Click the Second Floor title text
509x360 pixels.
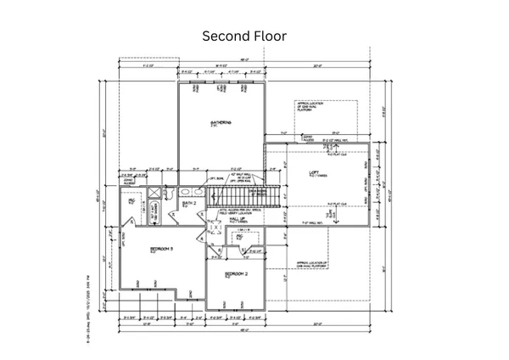(244, 37)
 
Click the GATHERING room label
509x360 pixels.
(221, 124)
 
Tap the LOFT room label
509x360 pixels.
(314, 172)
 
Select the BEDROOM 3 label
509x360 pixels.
(161, 249)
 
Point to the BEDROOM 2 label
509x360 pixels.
(236, 275)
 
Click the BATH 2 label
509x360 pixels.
(190, 204)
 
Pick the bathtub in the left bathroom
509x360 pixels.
(155, 211)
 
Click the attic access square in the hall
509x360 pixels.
(214, 228)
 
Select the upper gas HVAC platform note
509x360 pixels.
(313, 108)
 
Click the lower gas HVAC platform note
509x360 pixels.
(313, 265)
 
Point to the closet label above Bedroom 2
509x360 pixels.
(240, 239)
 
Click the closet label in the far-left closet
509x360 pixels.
(132, 203)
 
